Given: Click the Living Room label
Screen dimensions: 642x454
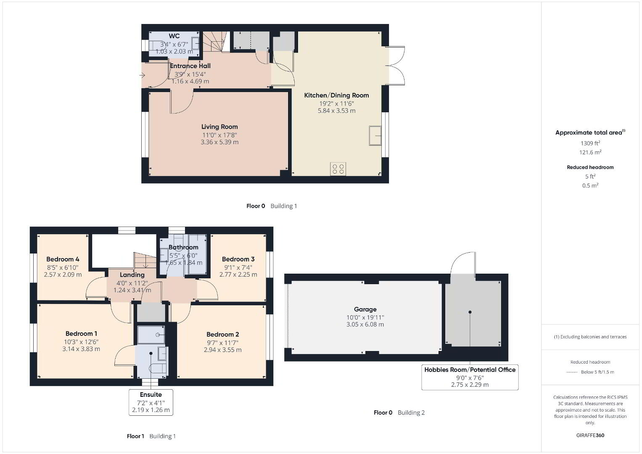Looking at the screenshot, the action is click(x=219, y=127).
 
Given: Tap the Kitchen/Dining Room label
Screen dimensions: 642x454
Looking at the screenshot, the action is click(x=336, y=95).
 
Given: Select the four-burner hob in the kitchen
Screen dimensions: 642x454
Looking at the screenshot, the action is click(x=338, y=169).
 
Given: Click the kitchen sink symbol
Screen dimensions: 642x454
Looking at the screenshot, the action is click(x=375, y=135).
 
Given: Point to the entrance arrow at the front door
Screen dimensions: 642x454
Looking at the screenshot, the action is click(x=142, y=75).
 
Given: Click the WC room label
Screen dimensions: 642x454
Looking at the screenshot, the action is click(x=174, y=36).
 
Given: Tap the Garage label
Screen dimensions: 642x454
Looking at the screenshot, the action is click(x=365, y=309).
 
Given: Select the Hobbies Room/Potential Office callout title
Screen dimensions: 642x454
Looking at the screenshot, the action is click(x=470, y=370).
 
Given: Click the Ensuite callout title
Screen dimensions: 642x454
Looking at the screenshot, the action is click(x=151, y=394).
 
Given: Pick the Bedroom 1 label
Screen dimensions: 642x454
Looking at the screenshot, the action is click(x=81, y=334).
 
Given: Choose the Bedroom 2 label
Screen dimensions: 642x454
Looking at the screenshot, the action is click(x=223, y=335).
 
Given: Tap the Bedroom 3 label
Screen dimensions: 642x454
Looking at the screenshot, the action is click(x=238, y=259).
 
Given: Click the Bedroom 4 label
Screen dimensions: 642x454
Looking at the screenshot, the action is click(x=63, y=259).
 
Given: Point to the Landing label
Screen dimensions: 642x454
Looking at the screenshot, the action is click(x=132, y=275).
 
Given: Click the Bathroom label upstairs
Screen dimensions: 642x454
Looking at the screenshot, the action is click(x=183, y=247).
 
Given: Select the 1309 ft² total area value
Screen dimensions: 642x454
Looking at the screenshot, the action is click(x=590, y=143).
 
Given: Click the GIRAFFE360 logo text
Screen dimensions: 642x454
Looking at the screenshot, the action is click(x=590, y=435).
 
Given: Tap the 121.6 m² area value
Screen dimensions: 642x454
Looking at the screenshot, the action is click(x=590, y=152).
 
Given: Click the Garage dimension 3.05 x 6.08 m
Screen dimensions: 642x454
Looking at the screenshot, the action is click(x=365, y=325).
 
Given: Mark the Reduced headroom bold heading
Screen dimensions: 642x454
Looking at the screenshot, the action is click(x=590, y=167).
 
